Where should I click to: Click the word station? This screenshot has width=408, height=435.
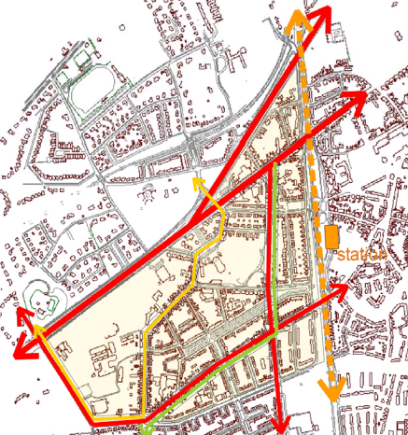(361, 256)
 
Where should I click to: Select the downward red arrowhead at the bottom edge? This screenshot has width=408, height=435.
(281, 421)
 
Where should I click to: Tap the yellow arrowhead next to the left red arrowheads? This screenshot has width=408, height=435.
(41, 334)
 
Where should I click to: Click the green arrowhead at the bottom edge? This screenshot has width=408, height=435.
(149, 428)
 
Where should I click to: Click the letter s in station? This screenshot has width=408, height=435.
(343, 257)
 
